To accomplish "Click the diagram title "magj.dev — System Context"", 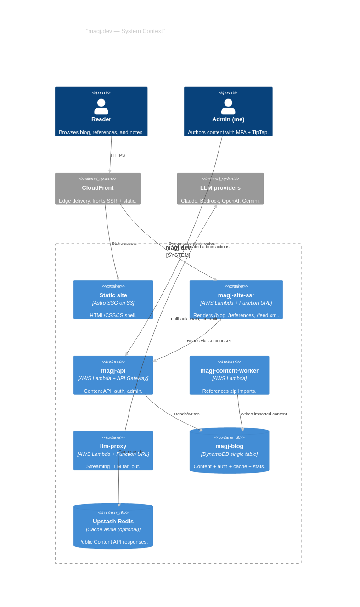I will click(x=125, y=31).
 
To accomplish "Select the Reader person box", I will click(x=101, y=111).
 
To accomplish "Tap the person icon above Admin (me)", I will click(x=228, y=107).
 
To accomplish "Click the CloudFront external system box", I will click(x=98, y=188).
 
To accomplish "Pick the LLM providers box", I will click(x=220, y=188).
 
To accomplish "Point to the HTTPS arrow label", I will click(x=118, y=155).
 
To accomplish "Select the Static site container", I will click(x=113, y=300).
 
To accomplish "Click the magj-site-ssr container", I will click(x=236, y=300).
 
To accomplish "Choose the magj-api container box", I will click(x=113, y=375).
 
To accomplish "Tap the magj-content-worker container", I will click(x=229, y=375).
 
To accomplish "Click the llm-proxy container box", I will click(x=113, y=450).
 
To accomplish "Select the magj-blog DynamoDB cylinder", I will click(x=229, y=450).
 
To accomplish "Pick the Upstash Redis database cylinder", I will click(x=113, y=526).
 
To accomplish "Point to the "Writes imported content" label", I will click(x=264, y=414).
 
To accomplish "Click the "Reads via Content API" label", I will click(x=209, y=341).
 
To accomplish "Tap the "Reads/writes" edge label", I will click(x=186, y=414).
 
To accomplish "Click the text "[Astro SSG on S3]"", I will click(x=113, y=303).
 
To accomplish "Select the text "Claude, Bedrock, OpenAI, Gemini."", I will click(x=220, y=201).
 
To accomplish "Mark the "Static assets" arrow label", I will click(x=124, y=244).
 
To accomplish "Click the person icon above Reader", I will click(x=101, y=107).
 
